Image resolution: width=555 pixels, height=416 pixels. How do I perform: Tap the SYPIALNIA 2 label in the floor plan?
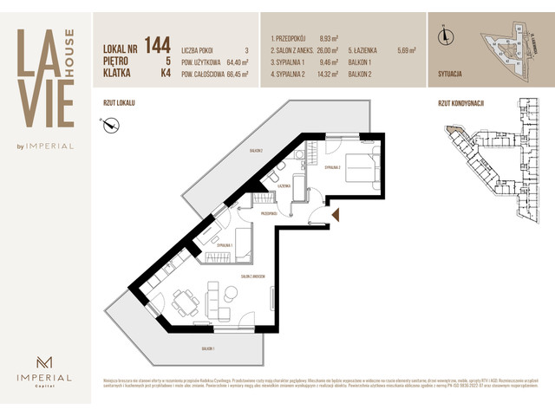coord(335,167)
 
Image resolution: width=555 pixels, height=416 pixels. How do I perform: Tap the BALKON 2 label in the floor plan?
coord(255,151)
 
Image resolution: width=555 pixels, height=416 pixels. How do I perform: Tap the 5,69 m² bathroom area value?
coord(408,50)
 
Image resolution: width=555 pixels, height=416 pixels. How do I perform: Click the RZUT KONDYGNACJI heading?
coord(461,103)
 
